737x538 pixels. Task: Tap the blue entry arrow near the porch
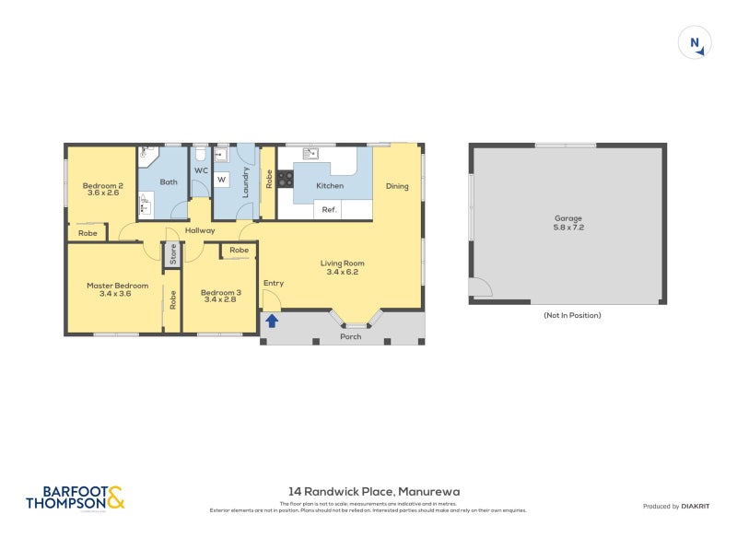pyautogui.click(x=272, y=322)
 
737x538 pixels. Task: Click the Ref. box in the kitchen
pyautogui.click(x=329, y=210)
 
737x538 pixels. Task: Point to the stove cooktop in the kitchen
pyautogui.click(x=285, y=180)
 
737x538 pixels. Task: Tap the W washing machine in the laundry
pyautogui.click(x=221, y=179)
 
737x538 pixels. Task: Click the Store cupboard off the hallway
pyautogui.click(x=172, y=254)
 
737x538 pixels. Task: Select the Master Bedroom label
pyautogui.click(x=117, y=286)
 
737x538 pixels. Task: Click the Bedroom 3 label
pyautogui.click(x=219, y=293)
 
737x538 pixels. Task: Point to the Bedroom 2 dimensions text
pyautogui.click(x=102, y=193)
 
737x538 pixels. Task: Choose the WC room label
pyautogui.click(x=200, y=170)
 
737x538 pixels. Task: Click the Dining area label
pyautogui.click(x=396, y=186)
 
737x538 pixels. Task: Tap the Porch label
pyautogui.click(x=350, y=336)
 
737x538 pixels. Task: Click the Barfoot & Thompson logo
pyautogui.click(x=75, y=497)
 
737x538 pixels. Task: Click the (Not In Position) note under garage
pyautogui.click(x=572, y=315)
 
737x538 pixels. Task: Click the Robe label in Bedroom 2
pyautogui.click(x=88, y=233)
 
